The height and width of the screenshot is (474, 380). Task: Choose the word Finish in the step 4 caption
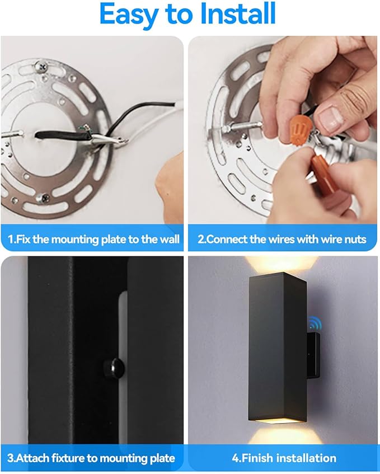pyautogui.click(x=252, y=458)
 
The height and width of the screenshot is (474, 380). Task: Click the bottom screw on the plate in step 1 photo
pyautogui.click(x=41, y=198)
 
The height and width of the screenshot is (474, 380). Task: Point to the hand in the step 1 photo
pyautogui.click(x=168, y=179)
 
